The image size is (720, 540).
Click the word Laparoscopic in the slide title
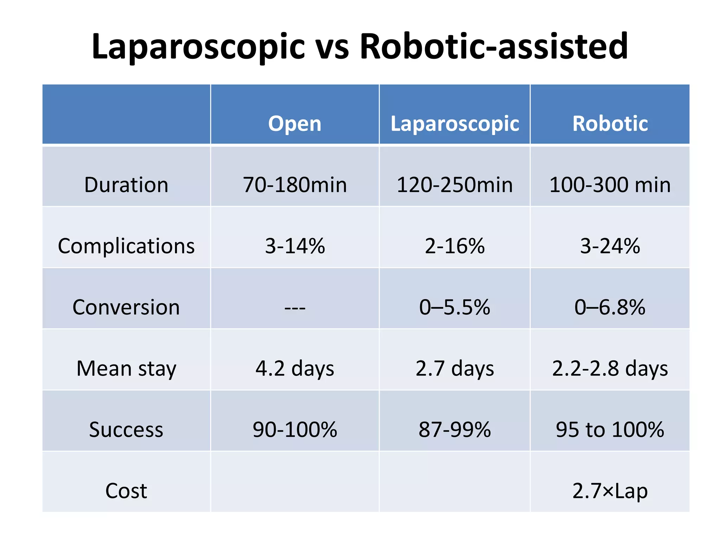click(198, 46)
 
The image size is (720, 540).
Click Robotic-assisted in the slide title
click(494, 46)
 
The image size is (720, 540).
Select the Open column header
click(295, 124)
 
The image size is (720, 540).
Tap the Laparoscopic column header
click(455, 124)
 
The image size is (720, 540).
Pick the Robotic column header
click(610, 124)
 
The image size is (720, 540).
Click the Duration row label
click(126, 185)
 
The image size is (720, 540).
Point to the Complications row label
click(126, 246)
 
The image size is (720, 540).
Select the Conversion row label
click(126, 307)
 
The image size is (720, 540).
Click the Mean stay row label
click(126, 368)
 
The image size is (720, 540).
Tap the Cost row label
click(126, 491)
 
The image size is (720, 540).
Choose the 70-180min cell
click(295, 185)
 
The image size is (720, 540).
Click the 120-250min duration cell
click(455, 185)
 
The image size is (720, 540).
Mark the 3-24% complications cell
click(610, 246)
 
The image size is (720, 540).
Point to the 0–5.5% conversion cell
click(455, 307)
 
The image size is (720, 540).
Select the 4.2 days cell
click(295, 368)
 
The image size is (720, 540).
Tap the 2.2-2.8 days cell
click(610, 368)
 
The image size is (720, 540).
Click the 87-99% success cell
click(455, 430)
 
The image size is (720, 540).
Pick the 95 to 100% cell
click(610, 430)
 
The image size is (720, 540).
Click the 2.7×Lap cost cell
click(610, 491)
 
